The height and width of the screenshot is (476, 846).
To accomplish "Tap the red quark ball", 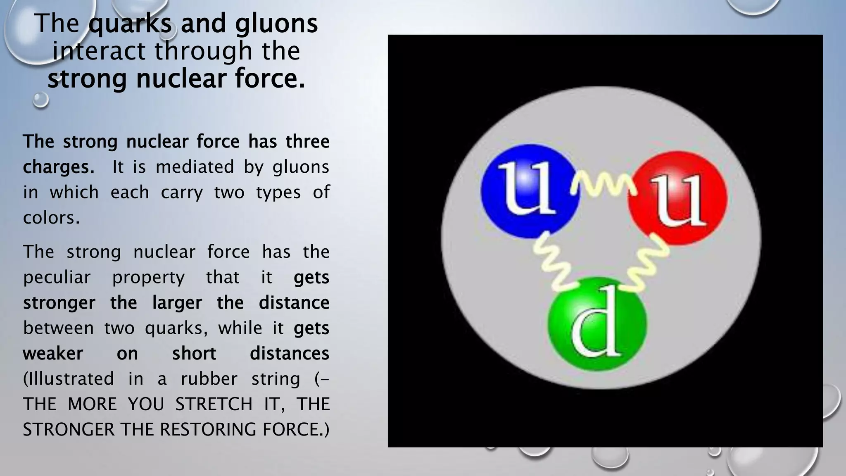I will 677,198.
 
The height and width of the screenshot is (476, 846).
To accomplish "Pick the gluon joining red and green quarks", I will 646,264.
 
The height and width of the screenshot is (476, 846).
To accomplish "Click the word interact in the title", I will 99,51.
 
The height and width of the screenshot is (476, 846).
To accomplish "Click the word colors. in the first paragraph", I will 51,218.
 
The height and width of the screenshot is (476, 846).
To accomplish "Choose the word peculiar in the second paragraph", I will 57,277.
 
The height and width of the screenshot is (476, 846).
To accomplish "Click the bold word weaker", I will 53,354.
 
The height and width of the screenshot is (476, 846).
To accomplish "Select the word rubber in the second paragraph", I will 209,379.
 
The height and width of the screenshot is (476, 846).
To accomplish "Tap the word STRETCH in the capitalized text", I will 214,404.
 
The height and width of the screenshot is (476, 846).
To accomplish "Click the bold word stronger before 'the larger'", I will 59,303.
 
